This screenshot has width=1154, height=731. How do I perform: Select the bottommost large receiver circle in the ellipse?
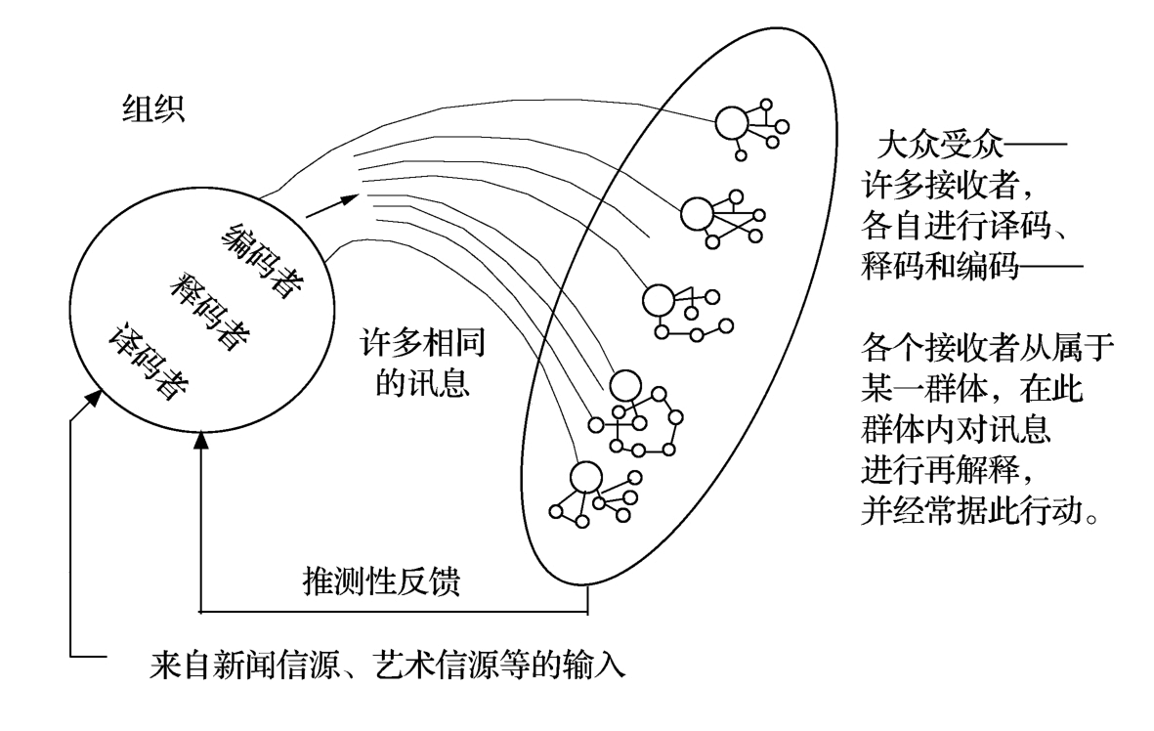585,477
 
